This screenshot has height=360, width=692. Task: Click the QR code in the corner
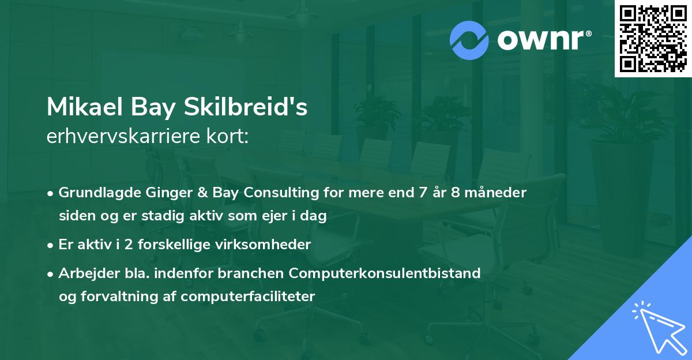point(653,39)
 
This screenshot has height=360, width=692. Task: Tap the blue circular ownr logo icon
point(470,40)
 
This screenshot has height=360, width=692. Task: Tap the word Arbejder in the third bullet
point(85,273)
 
